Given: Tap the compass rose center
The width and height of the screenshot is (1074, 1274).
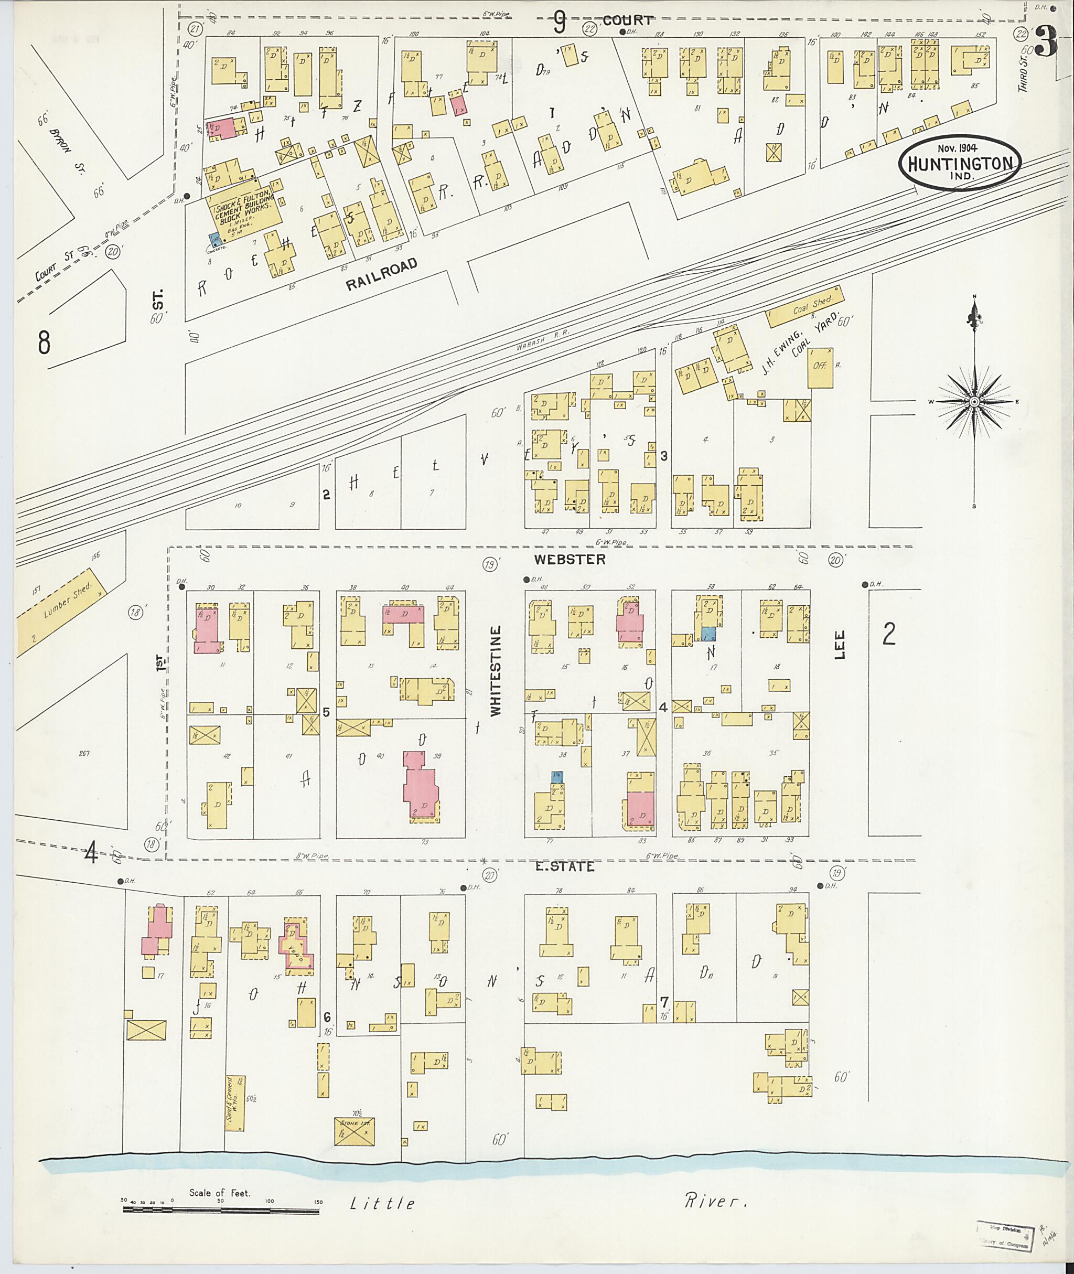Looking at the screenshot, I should (x=974, y=402).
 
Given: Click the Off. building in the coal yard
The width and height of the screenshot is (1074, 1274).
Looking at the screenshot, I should (x=820, y=368).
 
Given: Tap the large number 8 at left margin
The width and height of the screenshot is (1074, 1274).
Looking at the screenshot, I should (x=44, y=341).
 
